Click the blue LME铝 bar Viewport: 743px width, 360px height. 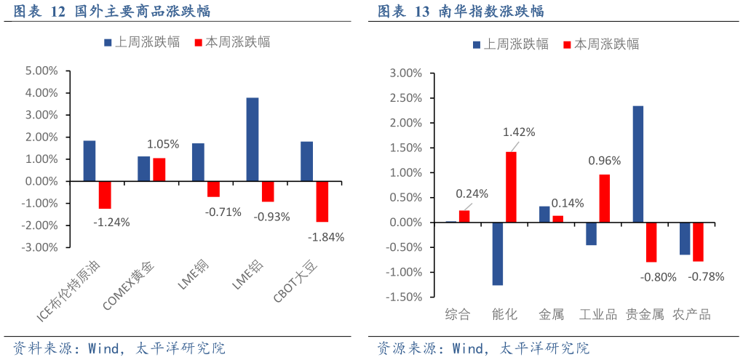pos(253,139)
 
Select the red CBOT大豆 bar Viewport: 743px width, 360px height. pos(322,201)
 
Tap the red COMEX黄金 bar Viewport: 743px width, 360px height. pos(159,169)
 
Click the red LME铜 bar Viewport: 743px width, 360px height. pos(213,189)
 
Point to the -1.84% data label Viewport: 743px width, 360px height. pos(326,236)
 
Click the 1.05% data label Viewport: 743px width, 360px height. pos(163,144)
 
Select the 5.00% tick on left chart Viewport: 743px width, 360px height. pos(41,71)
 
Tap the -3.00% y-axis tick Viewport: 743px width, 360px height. pos(40,247)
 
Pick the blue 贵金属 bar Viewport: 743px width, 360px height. pos(637,164)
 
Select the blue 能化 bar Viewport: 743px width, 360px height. pos(498,254)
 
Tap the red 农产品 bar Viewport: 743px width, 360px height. pos(698,241)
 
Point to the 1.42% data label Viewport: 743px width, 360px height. pos(519,132)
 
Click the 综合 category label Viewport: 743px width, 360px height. pos(458,315)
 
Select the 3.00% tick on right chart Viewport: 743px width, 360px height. pos(406,73)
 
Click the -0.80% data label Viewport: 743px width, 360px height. pos(658,276)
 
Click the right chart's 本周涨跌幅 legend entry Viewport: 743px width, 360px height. pos(600,44)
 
